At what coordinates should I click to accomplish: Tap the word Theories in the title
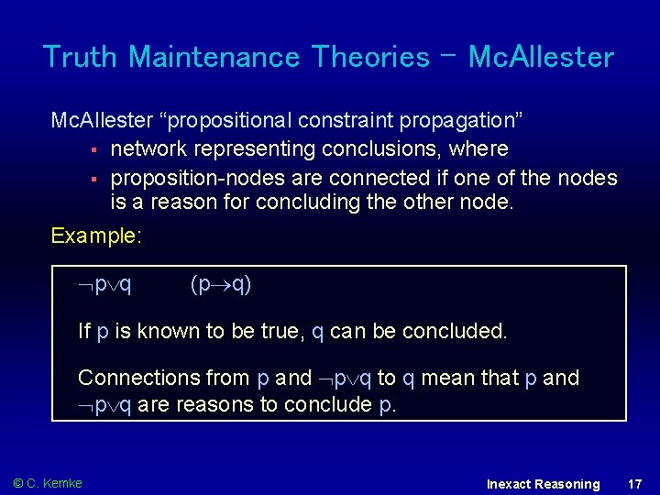tap(370, 57)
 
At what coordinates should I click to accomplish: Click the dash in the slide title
tap(449, 52)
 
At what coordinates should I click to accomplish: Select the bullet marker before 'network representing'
tap(93, 149)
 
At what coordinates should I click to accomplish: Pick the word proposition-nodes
tap(188, 178)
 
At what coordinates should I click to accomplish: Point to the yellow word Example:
tap(96, 236)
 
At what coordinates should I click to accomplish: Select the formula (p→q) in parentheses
tap(221, 284)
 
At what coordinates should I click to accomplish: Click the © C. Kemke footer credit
tap(48, 483)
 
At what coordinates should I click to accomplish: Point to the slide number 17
tap(634, 483)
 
